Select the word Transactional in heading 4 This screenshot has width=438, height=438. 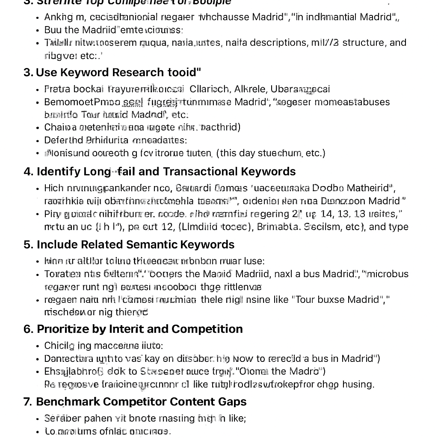[x=200, y=172]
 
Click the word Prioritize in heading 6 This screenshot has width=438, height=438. [x=65, y=329]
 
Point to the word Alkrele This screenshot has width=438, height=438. [x=251, y=89]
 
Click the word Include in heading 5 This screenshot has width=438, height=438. [x=55, y=245]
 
